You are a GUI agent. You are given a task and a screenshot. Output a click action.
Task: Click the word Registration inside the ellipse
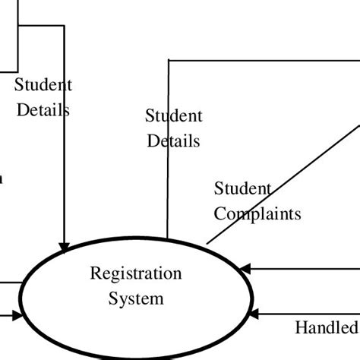point(136,273)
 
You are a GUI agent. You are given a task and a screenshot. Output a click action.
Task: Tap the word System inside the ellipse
point(136,298)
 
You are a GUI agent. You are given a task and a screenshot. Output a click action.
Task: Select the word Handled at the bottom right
point(326,328)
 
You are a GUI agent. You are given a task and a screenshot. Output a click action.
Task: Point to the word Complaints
point(257,213)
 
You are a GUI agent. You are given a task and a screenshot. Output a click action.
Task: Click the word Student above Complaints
point(242,188)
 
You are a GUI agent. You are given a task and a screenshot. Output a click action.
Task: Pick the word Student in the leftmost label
point(43,85)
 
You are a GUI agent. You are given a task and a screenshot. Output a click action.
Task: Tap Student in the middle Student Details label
point(174,116)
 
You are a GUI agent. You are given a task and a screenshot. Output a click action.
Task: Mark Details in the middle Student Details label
point(174,141)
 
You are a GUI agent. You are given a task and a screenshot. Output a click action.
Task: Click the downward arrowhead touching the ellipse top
point(65,247)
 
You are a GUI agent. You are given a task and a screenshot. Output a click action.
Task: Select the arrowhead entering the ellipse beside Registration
point(244,268)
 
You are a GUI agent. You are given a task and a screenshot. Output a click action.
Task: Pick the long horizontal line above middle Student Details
point(258,59)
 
